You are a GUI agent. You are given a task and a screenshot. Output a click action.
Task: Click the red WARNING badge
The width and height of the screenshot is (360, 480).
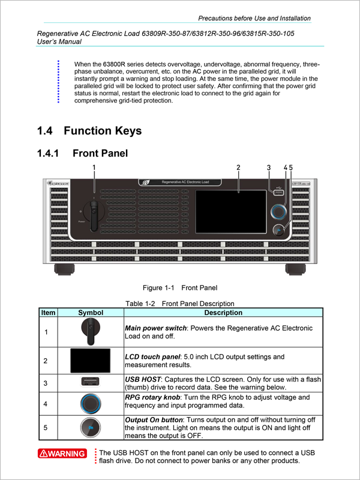click(x=62, y=453)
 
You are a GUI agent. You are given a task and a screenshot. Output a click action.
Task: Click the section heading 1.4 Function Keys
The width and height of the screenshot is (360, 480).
click(x=89, y=131)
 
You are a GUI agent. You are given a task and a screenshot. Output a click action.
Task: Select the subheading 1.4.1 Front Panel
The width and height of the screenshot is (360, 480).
click(x=82, y=153)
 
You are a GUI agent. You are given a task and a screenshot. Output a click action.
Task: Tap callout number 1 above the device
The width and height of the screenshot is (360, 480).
click(x=94, y=167)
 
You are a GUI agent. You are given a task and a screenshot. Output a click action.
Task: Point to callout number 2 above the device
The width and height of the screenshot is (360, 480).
click(x=238, y=167)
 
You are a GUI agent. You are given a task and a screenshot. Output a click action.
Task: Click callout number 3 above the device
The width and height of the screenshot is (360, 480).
click(x=268, y=167)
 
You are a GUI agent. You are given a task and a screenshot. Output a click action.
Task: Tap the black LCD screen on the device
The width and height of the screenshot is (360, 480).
click(x=231, y=211)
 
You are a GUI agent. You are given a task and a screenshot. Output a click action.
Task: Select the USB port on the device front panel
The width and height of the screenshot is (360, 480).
click(x=278, y=193)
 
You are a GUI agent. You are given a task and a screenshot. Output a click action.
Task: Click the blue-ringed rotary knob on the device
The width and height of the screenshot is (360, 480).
click(x=279, y=212)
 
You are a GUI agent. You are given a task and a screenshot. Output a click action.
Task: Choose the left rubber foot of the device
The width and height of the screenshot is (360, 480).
click(x=64, y=269)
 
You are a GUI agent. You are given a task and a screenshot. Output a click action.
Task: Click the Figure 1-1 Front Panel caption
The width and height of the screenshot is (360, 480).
click(x=180, y=288)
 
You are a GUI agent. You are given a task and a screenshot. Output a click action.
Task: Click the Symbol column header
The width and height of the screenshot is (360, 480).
click(x=91, y=313)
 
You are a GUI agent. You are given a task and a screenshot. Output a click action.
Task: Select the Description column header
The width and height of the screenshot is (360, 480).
click(x=223, y=313)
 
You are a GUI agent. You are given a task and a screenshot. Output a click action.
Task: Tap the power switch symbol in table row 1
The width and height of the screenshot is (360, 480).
click(x=90, y=331)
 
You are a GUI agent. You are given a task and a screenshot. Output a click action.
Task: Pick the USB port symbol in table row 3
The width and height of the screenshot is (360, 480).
click(x=90, y=382)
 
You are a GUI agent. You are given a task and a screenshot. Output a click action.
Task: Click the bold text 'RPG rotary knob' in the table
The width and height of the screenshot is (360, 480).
click(x=152, y=397)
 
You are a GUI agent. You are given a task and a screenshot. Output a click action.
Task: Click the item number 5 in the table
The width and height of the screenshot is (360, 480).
click(x=46, y=427)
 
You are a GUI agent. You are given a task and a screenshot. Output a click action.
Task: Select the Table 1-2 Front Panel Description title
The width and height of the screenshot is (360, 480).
click(x=179, y=304)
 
